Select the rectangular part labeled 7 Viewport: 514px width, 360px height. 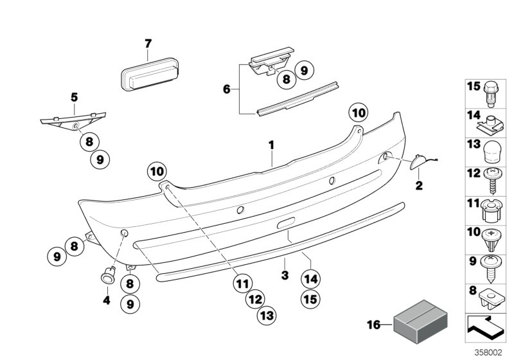tap(148, 76)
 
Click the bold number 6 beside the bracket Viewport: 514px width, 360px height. tap(226, 89)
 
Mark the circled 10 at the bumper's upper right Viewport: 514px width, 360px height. tap(359, 113)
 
